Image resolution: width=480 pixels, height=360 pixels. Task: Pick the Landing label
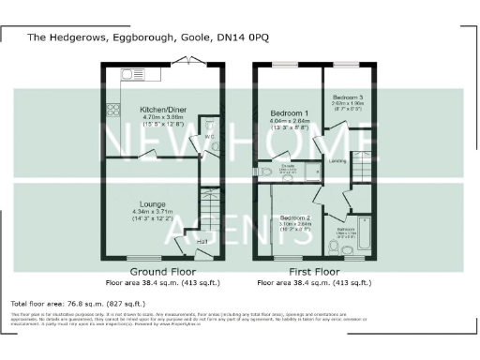pos(338,161)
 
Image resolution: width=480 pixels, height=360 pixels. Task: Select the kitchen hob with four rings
pos(114,109)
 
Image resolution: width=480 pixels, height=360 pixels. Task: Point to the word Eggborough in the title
pos(122,37)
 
